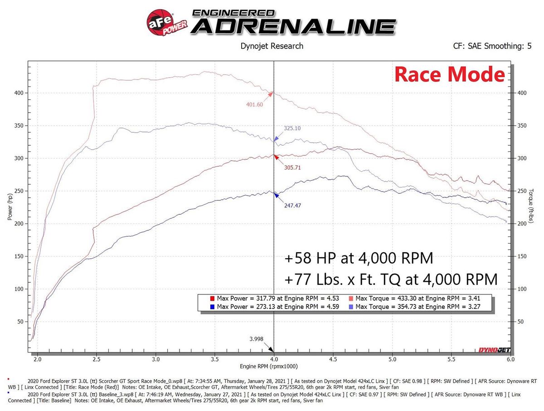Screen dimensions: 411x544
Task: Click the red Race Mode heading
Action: [x=449, y=74]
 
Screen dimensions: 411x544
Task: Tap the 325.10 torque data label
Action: [x=292, y=128]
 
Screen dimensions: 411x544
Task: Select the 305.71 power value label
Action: [x=292, y=167]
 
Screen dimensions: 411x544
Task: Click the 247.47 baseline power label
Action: [x=292, y=205]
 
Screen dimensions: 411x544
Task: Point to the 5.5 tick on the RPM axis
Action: [x=451, y=358]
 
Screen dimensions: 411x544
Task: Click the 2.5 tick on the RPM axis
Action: [x=97, y=358]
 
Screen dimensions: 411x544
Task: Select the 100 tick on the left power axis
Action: [x=19, y=289]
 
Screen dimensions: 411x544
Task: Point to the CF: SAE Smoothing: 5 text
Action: [x=492, y=46]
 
